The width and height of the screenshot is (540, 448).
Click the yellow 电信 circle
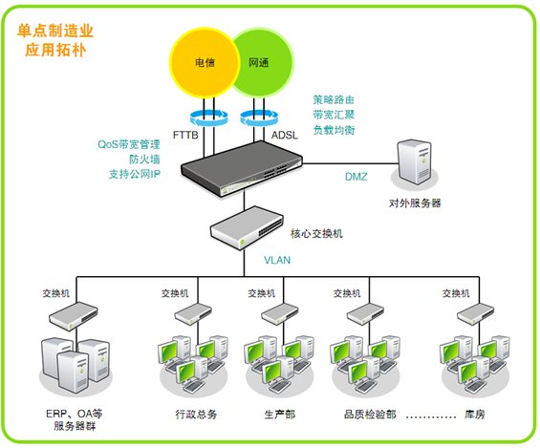click(x=205, y=63)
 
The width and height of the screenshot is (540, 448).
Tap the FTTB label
click(x=185, y=135)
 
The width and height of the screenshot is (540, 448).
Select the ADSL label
click(x=285, y=135)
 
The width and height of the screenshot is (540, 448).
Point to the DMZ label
click(x=356, y=177)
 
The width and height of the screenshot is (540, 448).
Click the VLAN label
click(x=277, y=260)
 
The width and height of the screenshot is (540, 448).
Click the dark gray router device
click(x=242, y=168)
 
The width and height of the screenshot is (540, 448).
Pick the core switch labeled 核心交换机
click(x=247, y=227)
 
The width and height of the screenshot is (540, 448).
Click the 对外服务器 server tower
click(x=414, y=162)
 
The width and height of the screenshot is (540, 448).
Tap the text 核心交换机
click(x=316, y=234)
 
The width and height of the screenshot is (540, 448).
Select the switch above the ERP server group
click(x=74, y=316)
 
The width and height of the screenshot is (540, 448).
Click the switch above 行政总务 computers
click(x=193, y=313)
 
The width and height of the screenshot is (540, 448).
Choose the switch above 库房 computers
click(x=475, y=313)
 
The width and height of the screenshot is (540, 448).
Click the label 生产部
click(x=280, y=414)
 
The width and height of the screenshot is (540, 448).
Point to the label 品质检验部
click(x=370, y=414)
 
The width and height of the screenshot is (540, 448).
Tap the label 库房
click(x=475, y=414)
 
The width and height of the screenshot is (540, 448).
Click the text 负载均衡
click(x=334, y=130)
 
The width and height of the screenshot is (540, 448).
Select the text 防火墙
click(x=144, y=159)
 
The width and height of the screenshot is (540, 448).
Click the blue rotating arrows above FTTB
click(x=209, y=117)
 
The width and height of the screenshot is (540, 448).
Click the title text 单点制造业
click(x=55, y=31)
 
